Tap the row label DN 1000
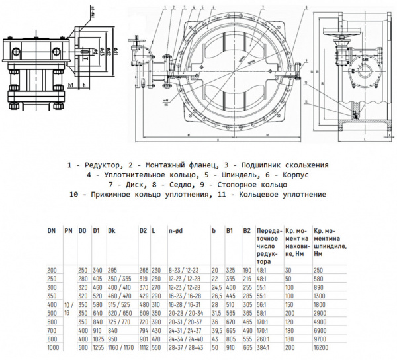52,347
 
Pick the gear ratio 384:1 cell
264,347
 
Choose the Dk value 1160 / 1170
120,347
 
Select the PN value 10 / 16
67,307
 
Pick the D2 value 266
145,270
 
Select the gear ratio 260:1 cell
264,338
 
